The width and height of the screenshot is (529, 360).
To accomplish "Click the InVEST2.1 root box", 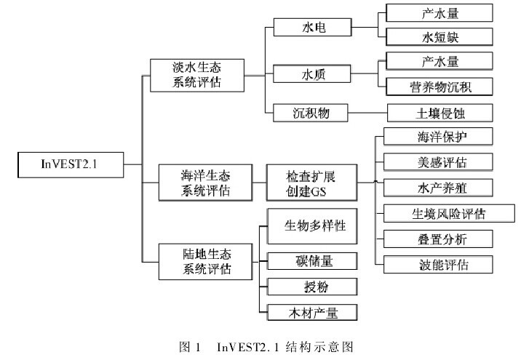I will click(70, 164).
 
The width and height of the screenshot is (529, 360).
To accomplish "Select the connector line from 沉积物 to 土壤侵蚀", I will click(367, 113).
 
